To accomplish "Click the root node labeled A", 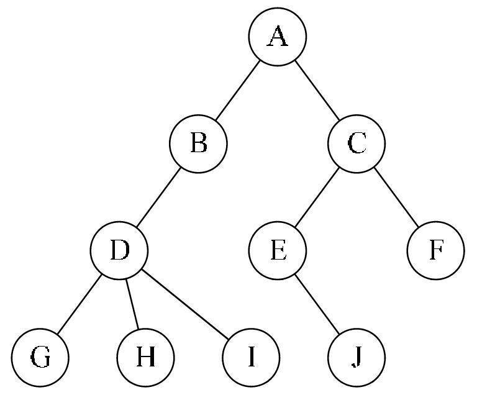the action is point(278,37).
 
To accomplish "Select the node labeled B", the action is point(198,143).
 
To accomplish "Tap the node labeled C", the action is point(357,143).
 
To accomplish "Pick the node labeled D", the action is point(119,250).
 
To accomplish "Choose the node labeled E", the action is point(278,250).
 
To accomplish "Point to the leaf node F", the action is point(435,250).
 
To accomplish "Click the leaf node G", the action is point(40,357).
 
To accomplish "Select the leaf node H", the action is point(146,357).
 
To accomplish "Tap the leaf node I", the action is point(251,357).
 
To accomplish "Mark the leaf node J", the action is point(357,357).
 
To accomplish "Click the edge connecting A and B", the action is point(238,91).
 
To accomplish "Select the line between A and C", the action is point(317,91).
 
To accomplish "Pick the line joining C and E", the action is point(317,197).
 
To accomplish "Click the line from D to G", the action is point(79,304).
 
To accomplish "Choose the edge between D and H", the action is point(132,304).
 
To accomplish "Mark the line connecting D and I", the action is point(185,304).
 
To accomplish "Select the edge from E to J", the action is point(317,304).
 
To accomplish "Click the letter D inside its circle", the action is point(120,250).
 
